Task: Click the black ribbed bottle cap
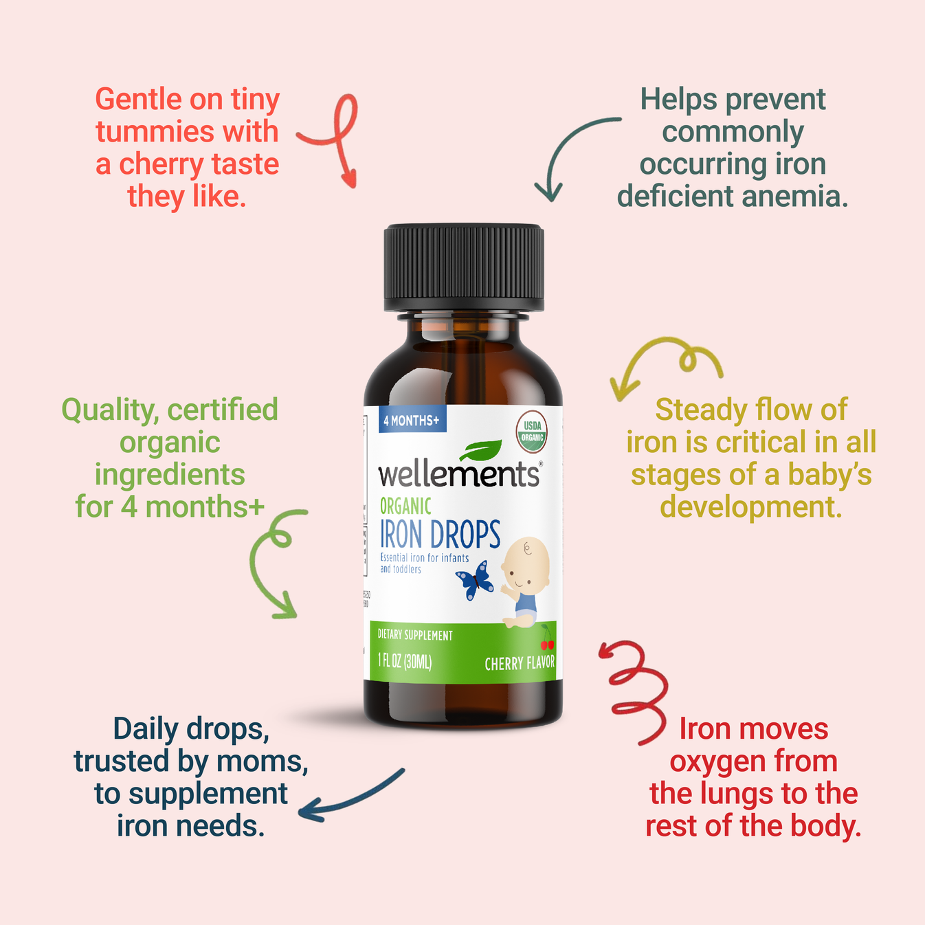click(464, 268)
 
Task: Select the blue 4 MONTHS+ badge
click(412, 420)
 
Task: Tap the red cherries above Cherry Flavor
click(547, 643)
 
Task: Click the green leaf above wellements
click(480, 450)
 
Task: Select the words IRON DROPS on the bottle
click(441, 535)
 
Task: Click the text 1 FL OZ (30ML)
click(405, 662)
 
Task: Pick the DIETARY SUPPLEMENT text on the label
click(415, 635)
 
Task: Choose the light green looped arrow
click(275, 564)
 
